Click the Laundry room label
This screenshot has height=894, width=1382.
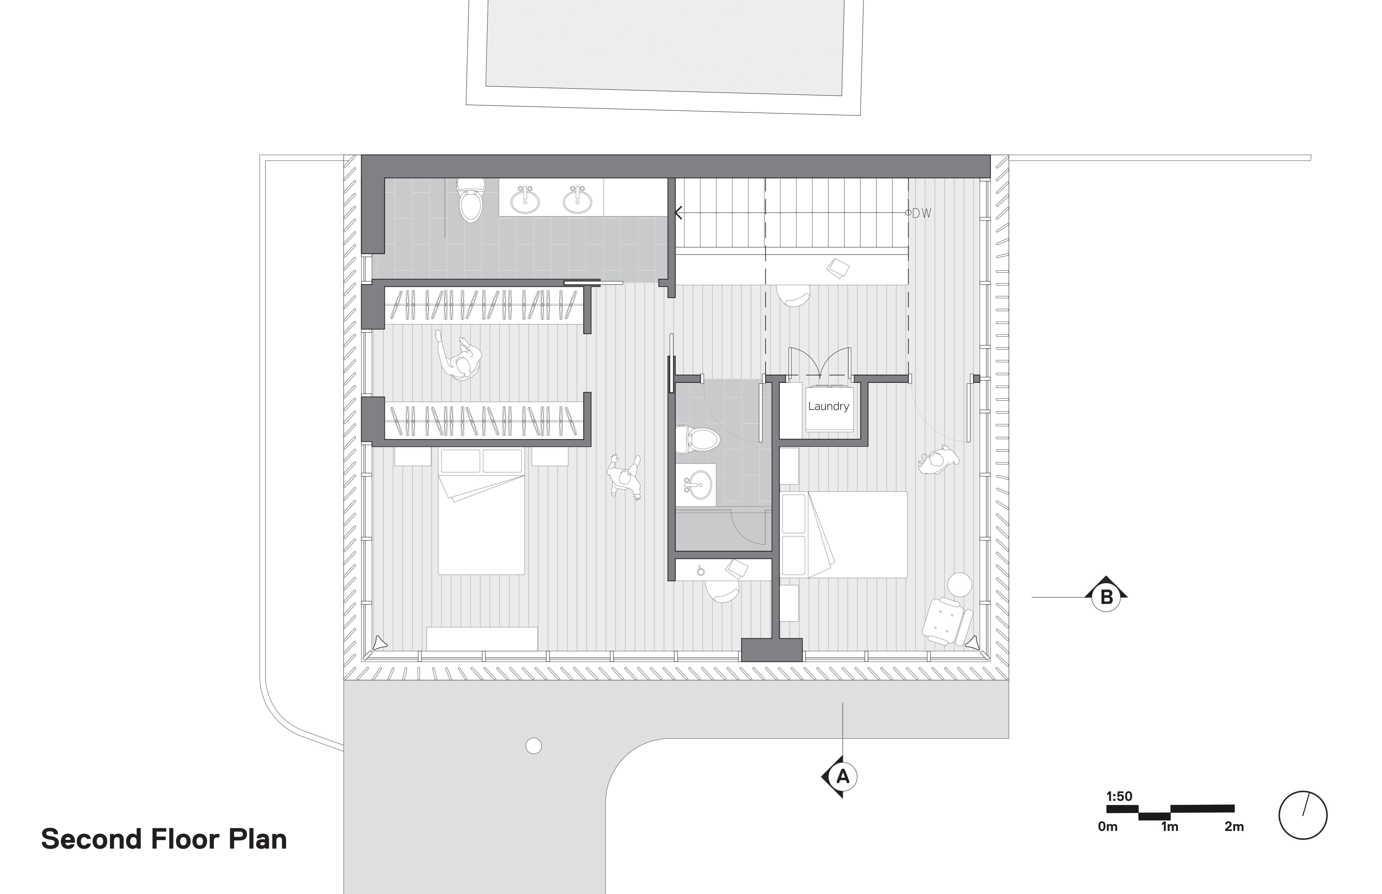coord(829,406)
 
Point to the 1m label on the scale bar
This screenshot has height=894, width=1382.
coord(1170,827)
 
